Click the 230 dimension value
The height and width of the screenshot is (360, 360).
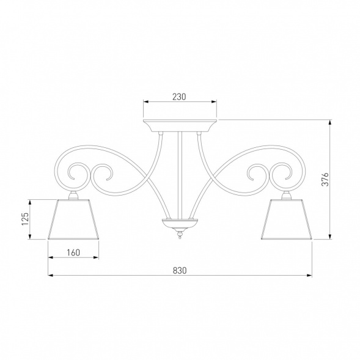179,97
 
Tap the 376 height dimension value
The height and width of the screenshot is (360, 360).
326,179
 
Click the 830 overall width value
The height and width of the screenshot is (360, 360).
179,270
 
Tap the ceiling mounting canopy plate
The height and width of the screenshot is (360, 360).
180,125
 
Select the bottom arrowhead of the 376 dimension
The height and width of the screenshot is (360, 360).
331,238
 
